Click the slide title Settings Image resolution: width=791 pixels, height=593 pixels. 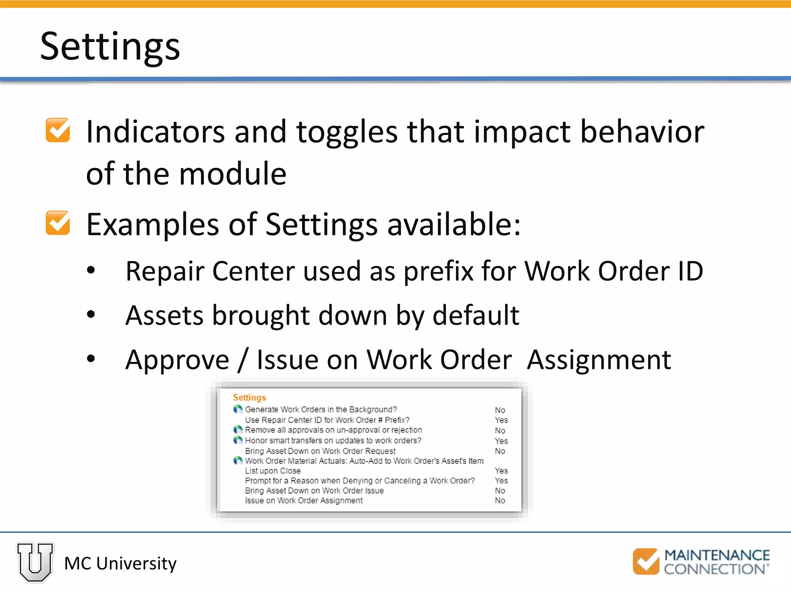[110, 46]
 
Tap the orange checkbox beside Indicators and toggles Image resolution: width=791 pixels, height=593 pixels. [58, 130]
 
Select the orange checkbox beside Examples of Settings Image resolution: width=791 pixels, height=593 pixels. [58, 223]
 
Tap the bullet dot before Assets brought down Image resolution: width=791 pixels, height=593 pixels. [91, 314]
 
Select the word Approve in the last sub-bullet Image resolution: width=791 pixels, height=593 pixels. [177, 360]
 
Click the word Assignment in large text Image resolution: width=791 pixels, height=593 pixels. [599, 360]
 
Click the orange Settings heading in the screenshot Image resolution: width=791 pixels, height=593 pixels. [250, 397]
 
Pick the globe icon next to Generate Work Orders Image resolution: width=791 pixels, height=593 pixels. [238, 409]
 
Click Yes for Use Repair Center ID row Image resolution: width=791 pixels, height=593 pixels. [501, 420]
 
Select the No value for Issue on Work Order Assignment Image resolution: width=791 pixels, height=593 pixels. [500, 501]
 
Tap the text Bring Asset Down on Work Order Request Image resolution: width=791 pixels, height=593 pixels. [320, 451]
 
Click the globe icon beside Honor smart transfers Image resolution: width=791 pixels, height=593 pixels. [238, 440]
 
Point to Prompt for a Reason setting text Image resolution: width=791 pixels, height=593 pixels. [360, 481]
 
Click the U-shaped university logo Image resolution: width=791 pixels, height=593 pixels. [35, 562]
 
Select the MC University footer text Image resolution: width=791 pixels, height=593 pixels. [120, 564]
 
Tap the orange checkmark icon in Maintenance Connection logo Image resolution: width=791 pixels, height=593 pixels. [646, 562]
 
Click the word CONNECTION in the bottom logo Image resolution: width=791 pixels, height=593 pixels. [714, 569]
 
